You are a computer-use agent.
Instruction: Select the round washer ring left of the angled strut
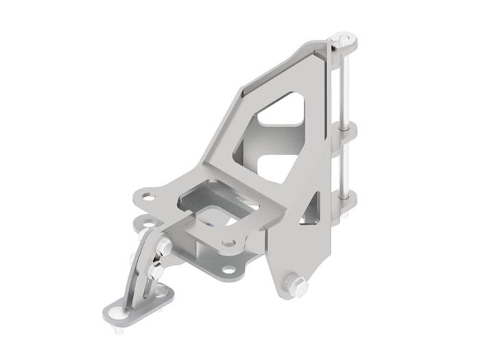click(142, 223)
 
